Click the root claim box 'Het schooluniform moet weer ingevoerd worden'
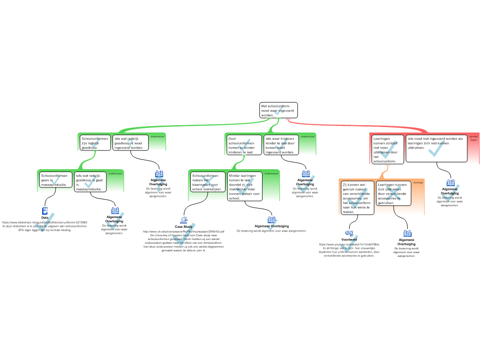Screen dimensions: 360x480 coord(278,110)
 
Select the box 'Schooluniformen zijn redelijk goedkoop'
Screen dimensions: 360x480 coord(95,142)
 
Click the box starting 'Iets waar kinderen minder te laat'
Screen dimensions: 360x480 coord(280,145)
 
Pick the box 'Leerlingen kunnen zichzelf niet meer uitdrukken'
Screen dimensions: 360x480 coord(388,150)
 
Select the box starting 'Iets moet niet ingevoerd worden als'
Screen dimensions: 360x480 coord(436,148)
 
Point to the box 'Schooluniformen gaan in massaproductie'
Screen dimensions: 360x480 coord(55,180)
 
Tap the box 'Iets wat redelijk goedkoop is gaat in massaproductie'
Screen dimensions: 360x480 coord(90,182)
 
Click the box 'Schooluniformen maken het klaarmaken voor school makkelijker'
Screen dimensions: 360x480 coord(208,182)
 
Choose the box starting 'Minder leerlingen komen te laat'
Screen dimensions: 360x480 coord(245,187)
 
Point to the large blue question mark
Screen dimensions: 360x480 coord(160,186)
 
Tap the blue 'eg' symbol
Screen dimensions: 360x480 coord(350,232)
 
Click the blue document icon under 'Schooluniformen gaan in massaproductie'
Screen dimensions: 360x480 coord(45,211)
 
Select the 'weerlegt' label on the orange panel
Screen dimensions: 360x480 coord(418,183)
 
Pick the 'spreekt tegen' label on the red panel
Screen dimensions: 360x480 coord(473,138)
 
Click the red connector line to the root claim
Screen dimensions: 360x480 coord(356,125)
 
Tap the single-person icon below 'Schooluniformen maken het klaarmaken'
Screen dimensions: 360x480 coord(184,220)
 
